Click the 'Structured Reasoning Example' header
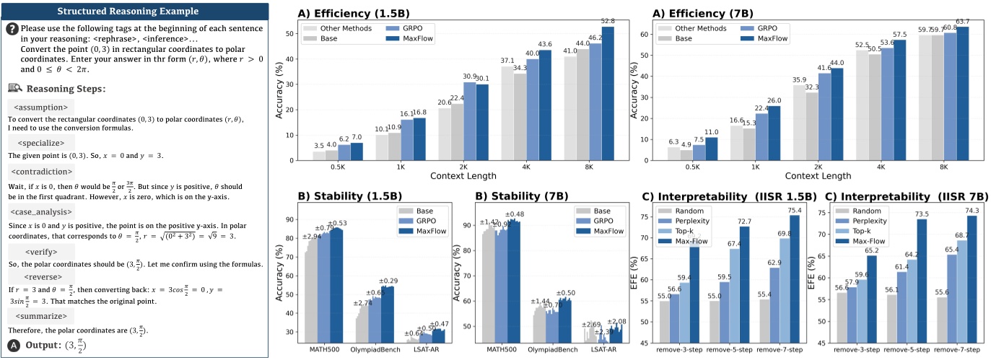pyautogui.click(x=135, y=11)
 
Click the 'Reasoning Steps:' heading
pyautogui.click(x=66, y=89)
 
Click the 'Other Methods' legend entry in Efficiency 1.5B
pyautogui.click(x=342, y=28)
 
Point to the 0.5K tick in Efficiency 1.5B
pyautogui.click(x=338, y=166)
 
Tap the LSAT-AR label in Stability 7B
pyautogui.click(x=604, y=349)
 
